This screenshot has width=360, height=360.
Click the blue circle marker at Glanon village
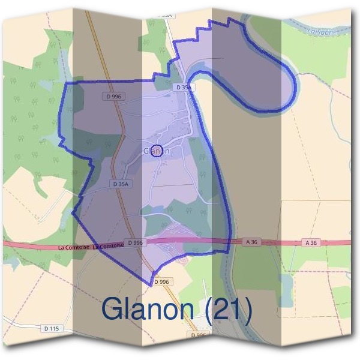[x=157, y=151]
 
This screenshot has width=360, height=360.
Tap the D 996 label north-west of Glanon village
[x=112, y=96]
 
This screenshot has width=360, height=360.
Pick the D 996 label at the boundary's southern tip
[x=162, y=281]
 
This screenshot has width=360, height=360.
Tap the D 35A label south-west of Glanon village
[x=120, y=185]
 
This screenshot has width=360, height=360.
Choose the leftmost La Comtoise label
[x=74, y=247]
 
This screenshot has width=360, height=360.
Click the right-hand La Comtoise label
[x=109, y=246]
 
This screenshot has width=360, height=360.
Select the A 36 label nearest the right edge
[x=310, y=242]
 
